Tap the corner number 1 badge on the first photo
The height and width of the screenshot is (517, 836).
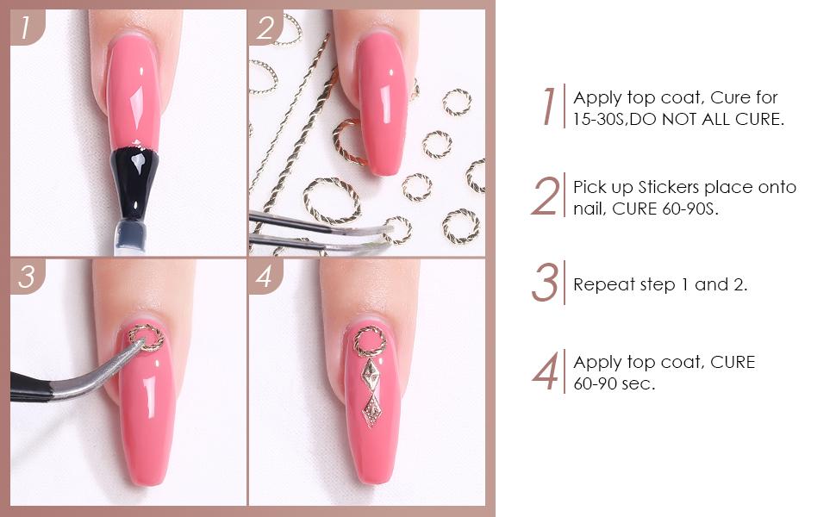[x=27, y=28]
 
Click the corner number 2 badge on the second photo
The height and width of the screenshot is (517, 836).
[x=265, y=28]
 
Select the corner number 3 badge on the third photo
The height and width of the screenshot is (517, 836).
[x=27, y=277]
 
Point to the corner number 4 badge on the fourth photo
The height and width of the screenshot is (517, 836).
[x=265, y=277]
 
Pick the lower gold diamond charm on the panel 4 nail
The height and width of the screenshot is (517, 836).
[x=371, y=410]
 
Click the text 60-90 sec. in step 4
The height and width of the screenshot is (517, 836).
[x=614, y=383]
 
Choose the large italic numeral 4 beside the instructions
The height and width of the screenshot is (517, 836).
[x=546, y=371]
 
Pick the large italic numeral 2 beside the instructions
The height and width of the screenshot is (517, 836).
[x=546, y=196]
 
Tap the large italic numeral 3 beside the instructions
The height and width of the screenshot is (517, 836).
[x=545, y=283]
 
